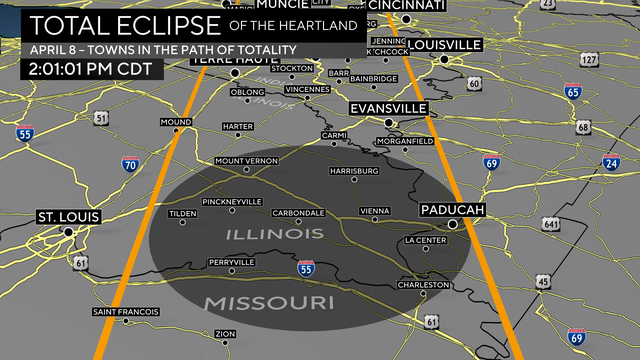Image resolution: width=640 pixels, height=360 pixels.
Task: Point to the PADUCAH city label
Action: (452, 209)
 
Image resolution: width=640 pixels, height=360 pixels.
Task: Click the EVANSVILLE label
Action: (389, 108)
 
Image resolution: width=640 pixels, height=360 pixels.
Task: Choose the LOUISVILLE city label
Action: (445, 45)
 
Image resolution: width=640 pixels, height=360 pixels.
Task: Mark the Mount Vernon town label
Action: (245, 161)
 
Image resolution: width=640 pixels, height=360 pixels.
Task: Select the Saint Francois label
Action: (126, 312)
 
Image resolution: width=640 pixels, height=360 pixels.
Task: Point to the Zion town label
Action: (225, 333)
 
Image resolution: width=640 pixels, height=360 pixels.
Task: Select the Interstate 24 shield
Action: (610, 164)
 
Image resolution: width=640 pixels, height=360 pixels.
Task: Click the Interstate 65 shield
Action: (573, 93)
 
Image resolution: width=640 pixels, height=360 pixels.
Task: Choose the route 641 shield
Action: (549, 223)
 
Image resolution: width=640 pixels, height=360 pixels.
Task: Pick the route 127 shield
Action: (589, 60)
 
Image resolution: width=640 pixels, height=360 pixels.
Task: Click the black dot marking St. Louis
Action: (69, 232)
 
